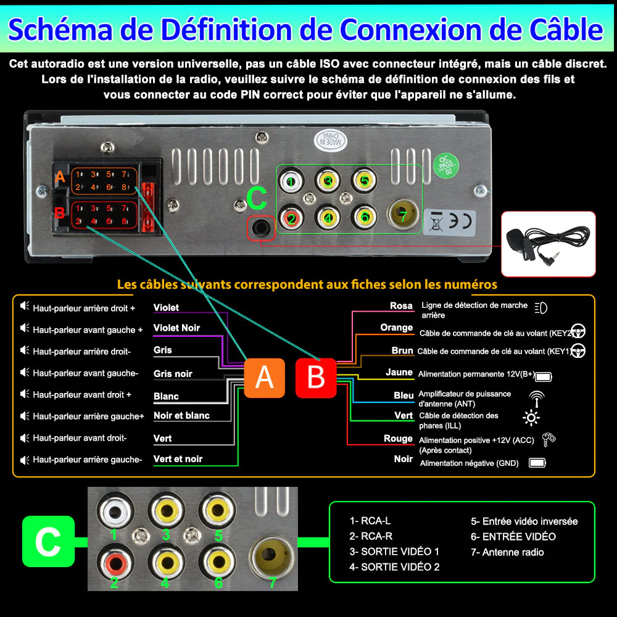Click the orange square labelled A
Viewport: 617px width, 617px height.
tap(264, 377)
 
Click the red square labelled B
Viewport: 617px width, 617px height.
tap(315, 377)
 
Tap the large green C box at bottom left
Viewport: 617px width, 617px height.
tap(48, 541)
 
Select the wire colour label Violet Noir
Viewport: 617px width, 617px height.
tap(176, 328)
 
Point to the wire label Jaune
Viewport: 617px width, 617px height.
tap(399, 372)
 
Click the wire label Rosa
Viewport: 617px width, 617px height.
tap(401, 305)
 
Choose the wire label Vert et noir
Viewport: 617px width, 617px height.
tap(178, 458)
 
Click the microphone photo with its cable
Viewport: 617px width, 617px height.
tap(548, 243)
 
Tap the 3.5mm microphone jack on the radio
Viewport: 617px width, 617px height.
tap(260, 228)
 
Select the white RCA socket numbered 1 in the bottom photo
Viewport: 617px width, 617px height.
tap(114, 510)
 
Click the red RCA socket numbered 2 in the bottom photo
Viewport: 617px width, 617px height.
tap(114, 561)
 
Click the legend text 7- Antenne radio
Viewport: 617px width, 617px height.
tap(507, 552)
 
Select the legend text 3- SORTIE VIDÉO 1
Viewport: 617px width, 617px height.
tap(394, 551)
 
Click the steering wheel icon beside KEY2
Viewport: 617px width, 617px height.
tap(578, 331)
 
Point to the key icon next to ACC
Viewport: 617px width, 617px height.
tap(548, 439)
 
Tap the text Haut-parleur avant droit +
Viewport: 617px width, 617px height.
tap(82, 394)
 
